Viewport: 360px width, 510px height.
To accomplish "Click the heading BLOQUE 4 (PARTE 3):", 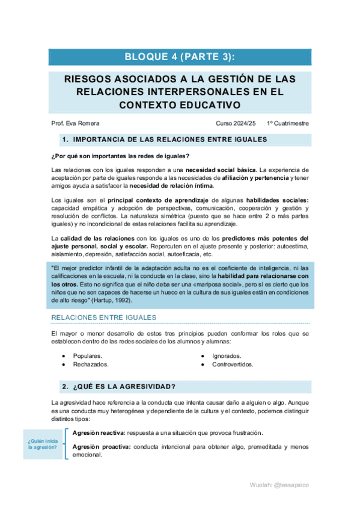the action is point(180,57).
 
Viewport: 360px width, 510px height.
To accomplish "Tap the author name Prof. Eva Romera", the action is point(76,123).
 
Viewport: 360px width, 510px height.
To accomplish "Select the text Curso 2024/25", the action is point(236,123).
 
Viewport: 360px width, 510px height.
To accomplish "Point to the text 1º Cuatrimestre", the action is point(288,123).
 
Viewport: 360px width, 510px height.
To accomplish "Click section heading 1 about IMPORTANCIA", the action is point(164,140).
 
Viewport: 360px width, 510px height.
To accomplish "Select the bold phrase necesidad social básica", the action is point(222,170).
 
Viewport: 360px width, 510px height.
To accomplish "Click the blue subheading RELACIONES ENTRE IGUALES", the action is point(103,317).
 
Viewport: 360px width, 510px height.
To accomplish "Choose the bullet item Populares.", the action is point(87,356).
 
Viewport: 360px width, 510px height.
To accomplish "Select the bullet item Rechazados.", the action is point(91,364).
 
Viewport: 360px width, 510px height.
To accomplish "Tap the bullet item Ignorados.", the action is point(227,356).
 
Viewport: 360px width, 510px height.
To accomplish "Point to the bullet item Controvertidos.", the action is point(232,364).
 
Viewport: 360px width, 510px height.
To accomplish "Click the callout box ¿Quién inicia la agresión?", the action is point(42,446).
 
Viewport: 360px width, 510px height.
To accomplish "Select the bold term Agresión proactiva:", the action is point(100,447).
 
